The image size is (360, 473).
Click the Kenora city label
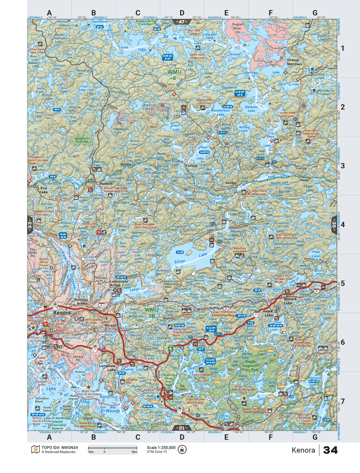click(62, 313)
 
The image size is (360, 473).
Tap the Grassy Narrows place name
click(294, 62)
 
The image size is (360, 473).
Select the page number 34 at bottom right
click(330, 450)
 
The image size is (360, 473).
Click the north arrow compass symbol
click(182, 450)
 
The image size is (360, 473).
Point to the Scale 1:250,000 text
click(161, 447)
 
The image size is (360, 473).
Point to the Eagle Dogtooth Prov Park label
click(250, 366)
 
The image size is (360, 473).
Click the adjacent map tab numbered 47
click(181, 22)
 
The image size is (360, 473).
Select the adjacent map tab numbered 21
click(181, 428)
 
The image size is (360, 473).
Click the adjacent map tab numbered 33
click(30, 224)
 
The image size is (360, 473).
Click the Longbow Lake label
click(107, 368)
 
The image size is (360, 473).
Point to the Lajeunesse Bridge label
click(119, 283)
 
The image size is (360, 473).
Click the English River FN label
click(237, 28)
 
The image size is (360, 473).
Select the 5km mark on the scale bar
click(134, 452)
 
